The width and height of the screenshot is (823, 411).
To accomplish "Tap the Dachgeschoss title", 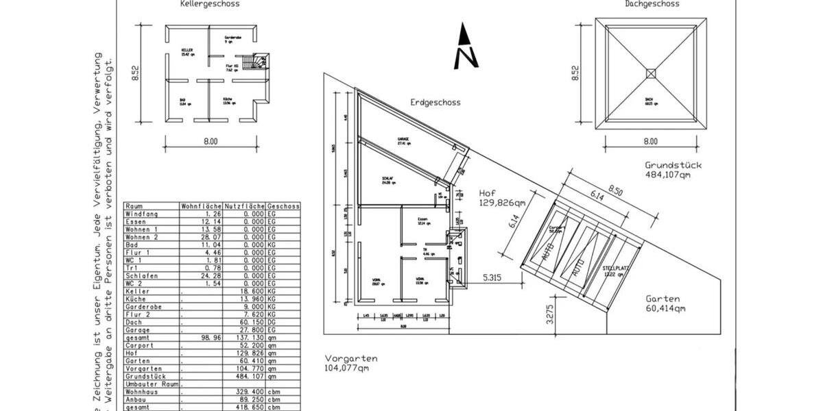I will coord(652,3).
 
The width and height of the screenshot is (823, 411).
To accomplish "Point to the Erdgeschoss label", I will coord(436,102).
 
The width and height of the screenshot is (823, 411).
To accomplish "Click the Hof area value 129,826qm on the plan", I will coord(502,203).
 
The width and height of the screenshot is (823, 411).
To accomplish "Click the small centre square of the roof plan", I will coord(651,73).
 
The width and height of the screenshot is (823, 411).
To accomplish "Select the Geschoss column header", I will coord(283,206).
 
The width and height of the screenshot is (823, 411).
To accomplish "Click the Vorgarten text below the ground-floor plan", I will coord(352,358).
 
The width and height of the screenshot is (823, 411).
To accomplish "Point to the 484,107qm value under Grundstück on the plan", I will coord(667,175).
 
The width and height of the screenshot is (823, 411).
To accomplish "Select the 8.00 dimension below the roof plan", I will coord(650,142).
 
